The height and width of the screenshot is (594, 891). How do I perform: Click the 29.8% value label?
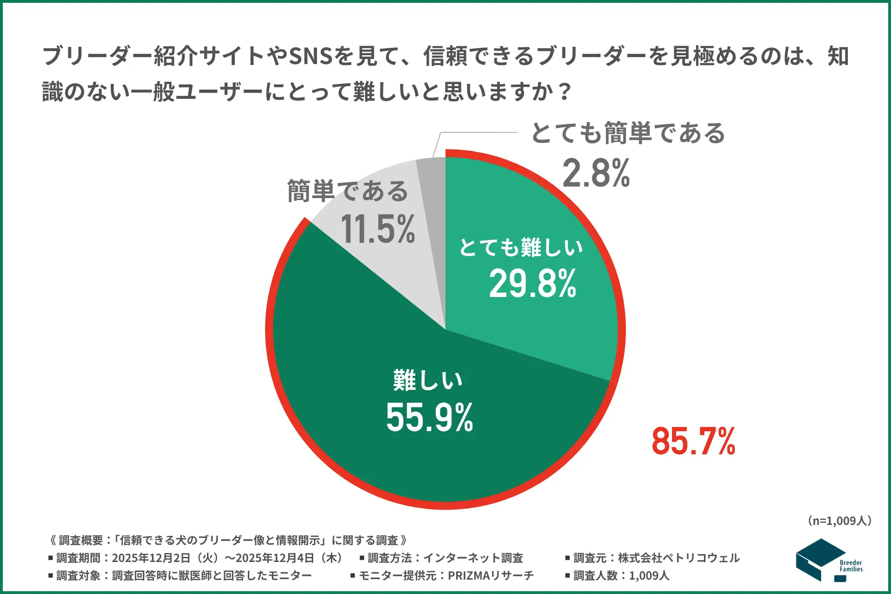click(x=532, y=284)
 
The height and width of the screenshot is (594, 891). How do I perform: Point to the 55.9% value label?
click(x=429, y=417)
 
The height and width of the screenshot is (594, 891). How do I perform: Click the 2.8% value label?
click(x=596, y=173)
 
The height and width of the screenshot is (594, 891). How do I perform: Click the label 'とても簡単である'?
click(x=628, y=133)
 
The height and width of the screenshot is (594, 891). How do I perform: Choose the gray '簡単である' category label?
click(x=348, y=191)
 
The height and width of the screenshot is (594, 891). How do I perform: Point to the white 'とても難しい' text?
click(x=521, y=247)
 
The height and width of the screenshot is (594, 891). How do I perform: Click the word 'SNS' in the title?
click(x=310, y=56)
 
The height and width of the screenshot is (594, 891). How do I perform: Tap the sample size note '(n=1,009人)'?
click(x=839, y=521)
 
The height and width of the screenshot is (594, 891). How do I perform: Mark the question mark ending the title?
click(x=565, y=91)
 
